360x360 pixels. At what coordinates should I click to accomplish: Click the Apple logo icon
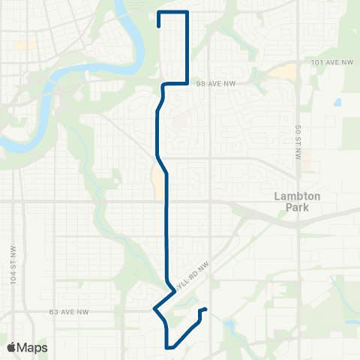pos(12,346)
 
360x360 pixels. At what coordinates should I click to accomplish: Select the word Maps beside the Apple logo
pos(34,346)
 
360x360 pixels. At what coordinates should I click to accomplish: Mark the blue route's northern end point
pos(159,26)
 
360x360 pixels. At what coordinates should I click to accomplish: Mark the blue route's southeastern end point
pos(205,309)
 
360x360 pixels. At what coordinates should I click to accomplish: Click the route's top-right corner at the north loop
pos(187,13)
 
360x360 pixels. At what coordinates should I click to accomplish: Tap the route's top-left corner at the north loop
pos(159,13)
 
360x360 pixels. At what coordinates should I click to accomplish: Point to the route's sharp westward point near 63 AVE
pos(154,309)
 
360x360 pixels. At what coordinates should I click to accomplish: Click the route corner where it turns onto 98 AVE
pos(187,84)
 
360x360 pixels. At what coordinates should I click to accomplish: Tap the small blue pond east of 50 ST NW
pos(337,101)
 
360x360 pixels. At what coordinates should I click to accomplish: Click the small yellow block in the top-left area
pos(25,45)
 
